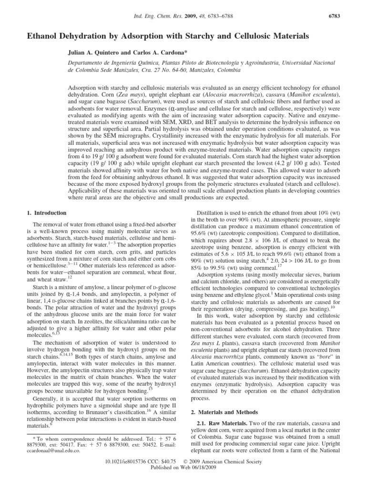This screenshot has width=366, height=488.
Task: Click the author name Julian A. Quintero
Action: click(98, 53)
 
